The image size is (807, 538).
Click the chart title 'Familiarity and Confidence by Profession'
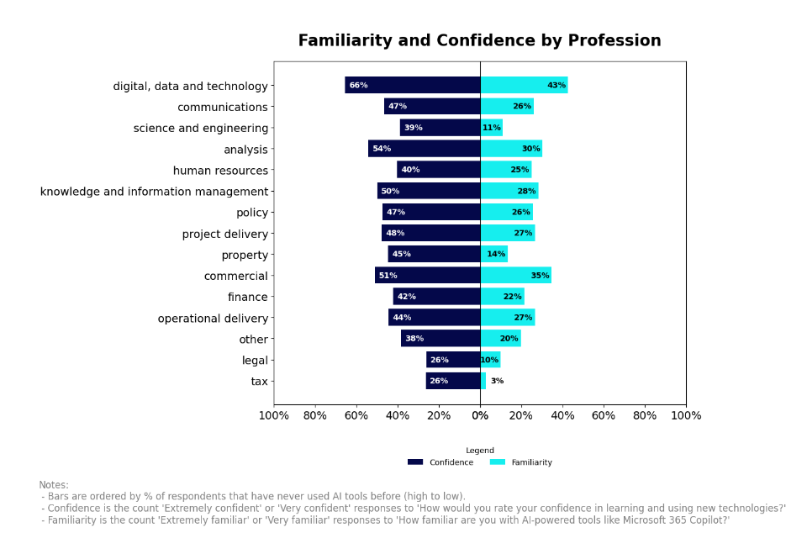point(479,41)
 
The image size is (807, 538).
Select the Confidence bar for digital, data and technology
point(412,85)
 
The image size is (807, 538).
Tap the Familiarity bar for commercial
point(515,275)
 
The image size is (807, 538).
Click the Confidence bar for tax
point(453,381)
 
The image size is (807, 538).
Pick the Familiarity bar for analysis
point(511,149)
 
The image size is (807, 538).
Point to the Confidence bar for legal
point(453,360)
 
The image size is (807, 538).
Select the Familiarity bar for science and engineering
point(492,128)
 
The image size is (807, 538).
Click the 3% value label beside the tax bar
point(497,381)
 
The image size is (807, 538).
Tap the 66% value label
point(358,86)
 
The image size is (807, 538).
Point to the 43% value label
point(556,86)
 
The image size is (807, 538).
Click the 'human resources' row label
point(220,171)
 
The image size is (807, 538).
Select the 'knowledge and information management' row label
point(154,192)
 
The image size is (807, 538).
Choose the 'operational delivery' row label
point(213,319)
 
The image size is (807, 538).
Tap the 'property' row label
point(245,256)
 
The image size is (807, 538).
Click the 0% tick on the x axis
point(480,415)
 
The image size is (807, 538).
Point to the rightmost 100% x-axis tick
point(685,415)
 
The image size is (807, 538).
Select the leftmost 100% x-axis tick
point(274,415)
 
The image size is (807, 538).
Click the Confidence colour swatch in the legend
point(415,462)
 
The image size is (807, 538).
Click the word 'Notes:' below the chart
point(54,485)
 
